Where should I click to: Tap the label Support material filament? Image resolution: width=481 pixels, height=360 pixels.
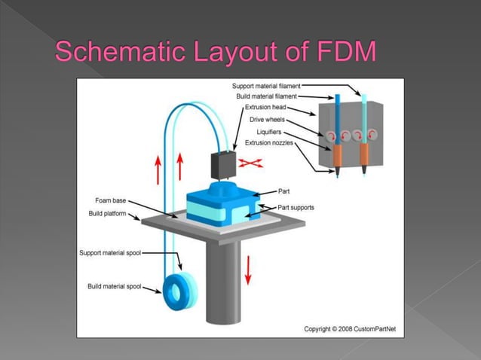[x=267, y=87]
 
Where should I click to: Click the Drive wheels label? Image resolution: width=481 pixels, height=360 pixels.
[x=278, y=119]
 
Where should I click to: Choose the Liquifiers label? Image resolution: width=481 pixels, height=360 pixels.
[x=283, y=132]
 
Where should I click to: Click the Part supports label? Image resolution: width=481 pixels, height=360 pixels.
[x=296, y=207]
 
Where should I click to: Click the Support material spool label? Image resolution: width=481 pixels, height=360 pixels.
[x=111, y=252]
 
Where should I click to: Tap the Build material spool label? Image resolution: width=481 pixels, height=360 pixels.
[x=114, y=287]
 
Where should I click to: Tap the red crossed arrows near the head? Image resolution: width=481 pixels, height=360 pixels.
[x=250, y=161]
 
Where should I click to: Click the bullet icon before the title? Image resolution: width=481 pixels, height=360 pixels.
[x=41, y=52]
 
